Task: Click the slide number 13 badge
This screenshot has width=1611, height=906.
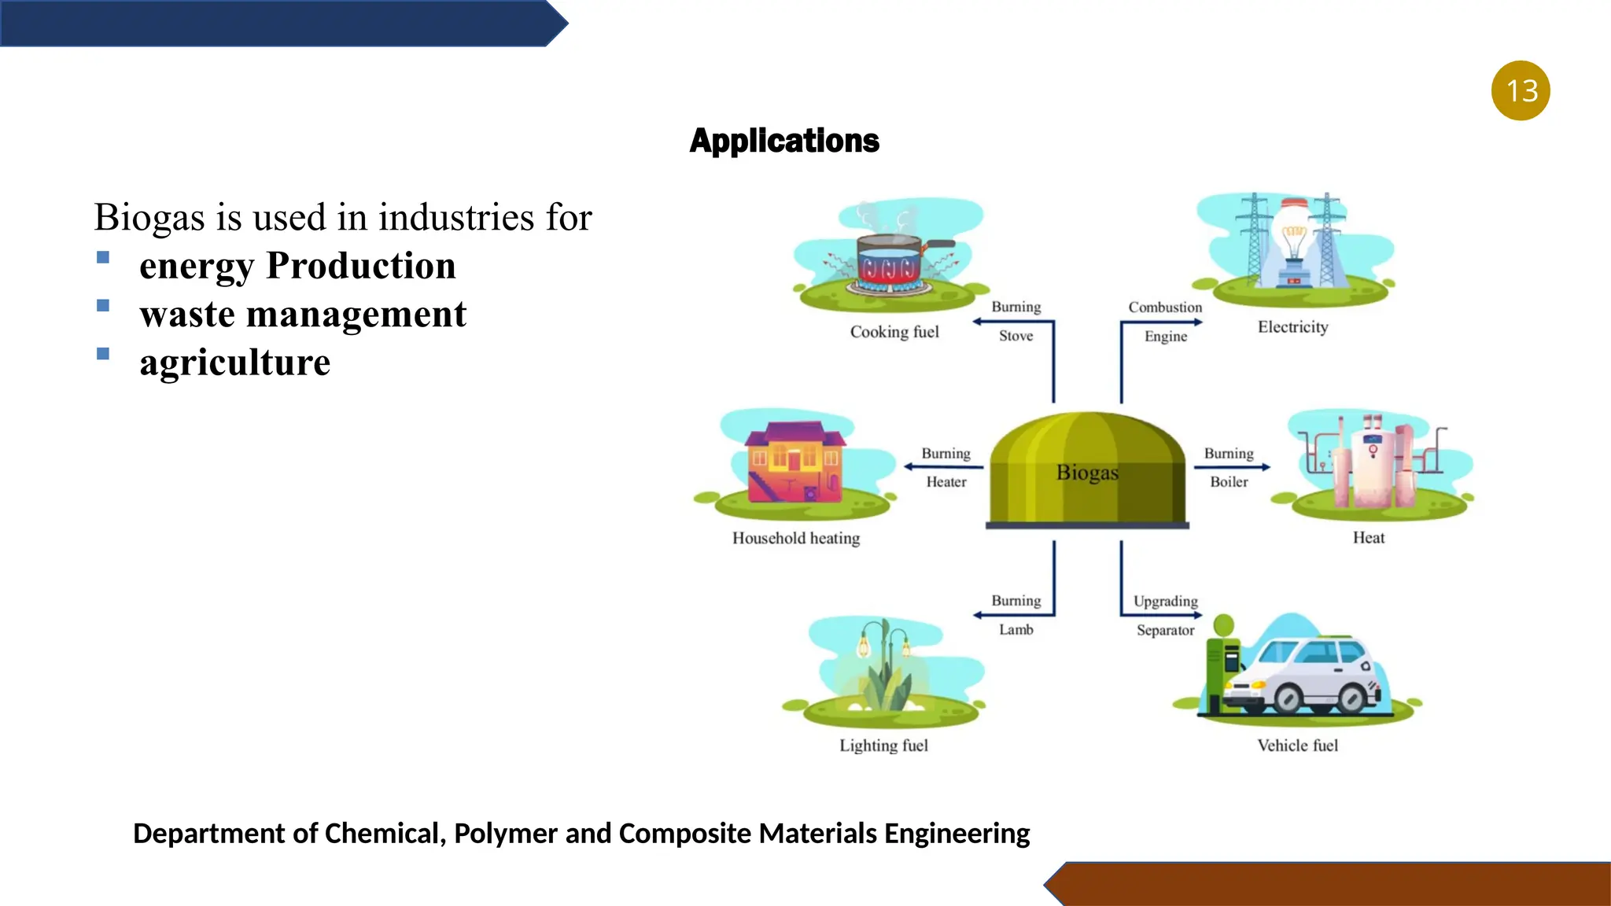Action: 1521,90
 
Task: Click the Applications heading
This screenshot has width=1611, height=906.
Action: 784,141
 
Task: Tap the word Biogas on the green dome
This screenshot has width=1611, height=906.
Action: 1087,473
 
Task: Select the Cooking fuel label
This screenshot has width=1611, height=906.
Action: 894,332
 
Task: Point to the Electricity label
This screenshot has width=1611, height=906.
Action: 1292,327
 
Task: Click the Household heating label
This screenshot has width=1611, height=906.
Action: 796,538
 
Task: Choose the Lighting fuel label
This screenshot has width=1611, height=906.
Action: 883,746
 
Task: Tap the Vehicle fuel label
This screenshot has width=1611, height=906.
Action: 1297,746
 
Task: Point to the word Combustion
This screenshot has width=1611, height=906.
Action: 1165,308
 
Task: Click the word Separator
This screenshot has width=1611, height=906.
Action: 1165,630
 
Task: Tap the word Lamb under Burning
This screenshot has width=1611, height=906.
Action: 1016,629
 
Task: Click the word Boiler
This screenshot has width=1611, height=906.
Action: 1229,481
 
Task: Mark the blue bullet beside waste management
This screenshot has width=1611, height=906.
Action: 103,306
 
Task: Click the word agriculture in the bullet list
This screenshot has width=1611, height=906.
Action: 235,363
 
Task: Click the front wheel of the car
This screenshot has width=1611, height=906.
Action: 1288,698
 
